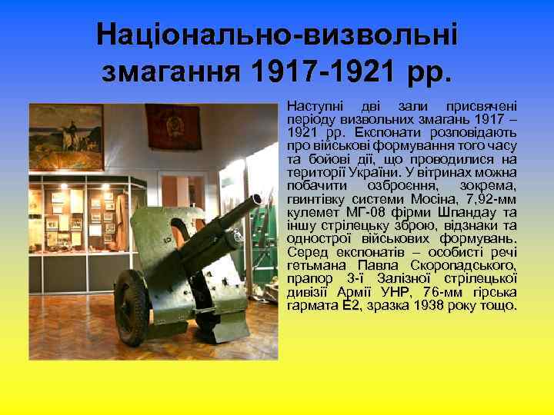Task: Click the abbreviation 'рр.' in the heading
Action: coord(426,75)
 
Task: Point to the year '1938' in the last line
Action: coord(426,306)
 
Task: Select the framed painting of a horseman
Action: coord(66,136)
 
